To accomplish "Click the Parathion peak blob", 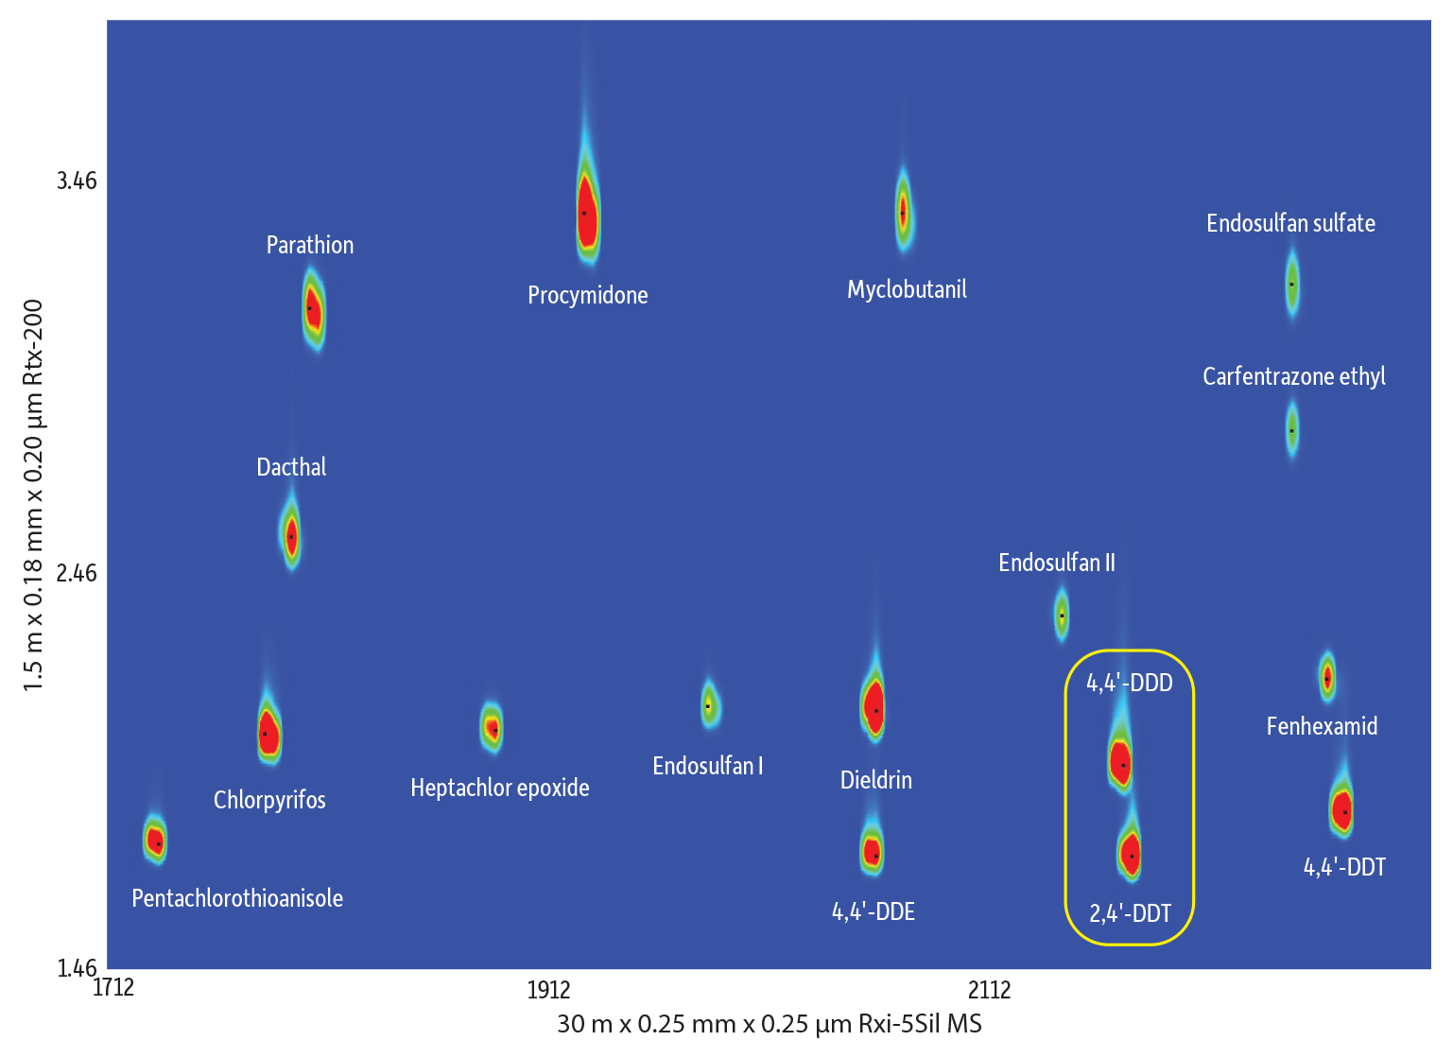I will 312,309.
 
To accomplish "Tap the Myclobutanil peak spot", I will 904,212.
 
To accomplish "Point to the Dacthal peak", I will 291,536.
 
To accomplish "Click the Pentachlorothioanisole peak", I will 156,841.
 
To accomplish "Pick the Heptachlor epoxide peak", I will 492,728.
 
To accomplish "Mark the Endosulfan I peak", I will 709,705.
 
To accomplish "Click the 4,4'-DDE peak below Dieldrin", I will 873,851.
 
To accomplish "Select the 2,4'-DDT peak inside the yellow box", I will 1130,853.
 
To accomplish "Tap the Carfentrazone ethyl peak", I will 1292,430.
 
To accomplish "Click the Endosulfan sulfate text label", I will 1290,224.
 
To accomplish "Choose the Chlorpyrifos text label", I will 269,800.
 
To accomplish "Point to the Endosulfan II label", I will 1057,564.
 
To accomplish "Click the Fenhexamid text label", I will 1322,726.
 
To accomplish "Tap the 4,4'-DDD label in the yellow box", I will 1130,683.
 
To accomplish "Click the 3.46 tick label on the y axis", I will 77,181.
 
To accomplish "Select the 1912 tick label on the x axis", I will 549,990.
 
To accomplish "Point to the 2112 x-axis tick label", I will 990,990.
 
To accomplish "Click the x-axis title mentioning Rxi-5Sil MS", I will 770,1024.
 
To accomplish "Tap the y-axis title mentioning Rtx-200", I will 34,494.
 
